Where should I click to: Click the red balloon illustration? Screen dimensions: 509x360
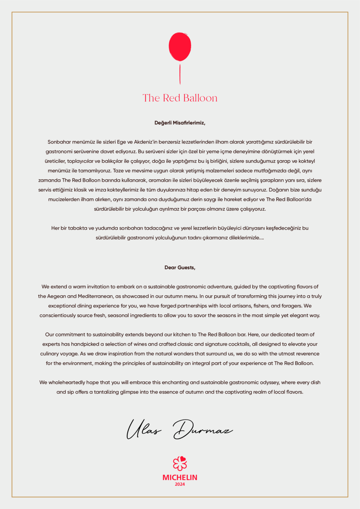tap(180, 46)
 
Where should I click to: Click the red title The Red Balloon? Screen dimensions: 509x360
tap(180, 98)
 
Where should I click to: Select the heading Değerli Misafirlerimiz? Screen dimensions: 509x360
tap(180, 123)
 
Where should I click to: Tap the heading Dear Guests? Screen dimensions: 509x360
tap(180, 268)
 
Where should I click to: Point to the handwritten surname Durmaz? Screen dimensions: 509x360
tap(202, 429)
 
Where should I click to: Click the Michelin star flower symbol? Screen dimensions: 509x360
tap(180, 463)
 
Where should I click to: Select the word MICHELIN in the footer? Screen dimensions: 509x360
tap(180, 478)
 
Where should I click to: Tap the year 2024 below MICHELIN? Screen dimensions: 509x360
tap(180, 484)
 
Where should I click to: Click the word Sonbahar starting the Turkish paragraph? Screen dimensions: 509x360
tap(59, 142)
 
